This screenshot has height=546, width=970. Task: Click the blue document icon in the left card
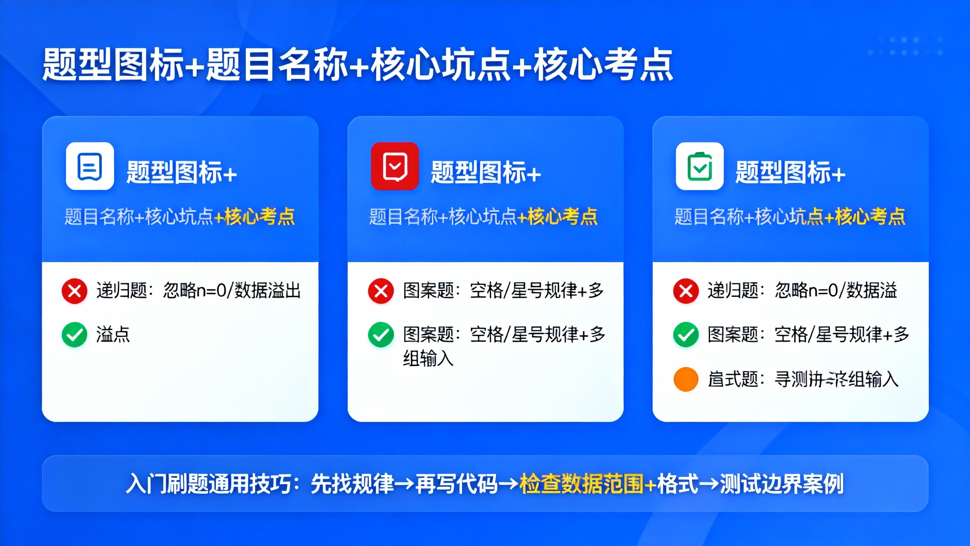pos(90,166)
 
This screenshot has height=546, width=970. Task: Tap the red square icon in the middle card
pos(395,166)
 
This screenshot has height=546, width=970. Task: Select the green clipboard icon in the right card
pos(699,166)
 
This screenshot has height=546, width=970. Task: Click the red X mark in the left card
pos(75,291)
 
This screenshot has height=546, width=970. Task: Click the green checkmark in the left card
pos(75,335)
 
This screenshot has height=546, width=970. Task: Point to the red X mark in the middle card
pos(381,291)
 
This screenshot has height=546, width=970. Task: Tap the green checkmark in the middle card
pos(381,335)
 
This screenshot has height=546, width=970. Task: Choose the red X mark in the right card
pos(686,291)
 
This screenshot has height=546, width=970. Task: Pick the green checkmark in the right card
pos(686,335)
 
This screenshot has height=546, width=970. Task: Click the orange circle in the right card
pos(686,379)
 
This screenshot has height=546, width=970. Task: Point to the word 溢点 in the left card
pos(113,335)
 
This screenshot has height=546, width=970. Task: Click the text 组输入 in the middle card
pos(428,358)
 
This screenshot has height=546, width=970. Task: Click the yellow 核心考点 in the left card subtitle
pos(260,217)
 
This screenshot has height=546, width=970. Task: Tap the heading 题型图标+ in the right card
pos(790,173)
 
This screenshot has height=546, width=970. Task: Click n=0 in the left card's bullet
pos(212,291)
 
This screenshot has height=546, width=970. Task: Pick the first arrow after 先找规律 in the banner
pos(405,484)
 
